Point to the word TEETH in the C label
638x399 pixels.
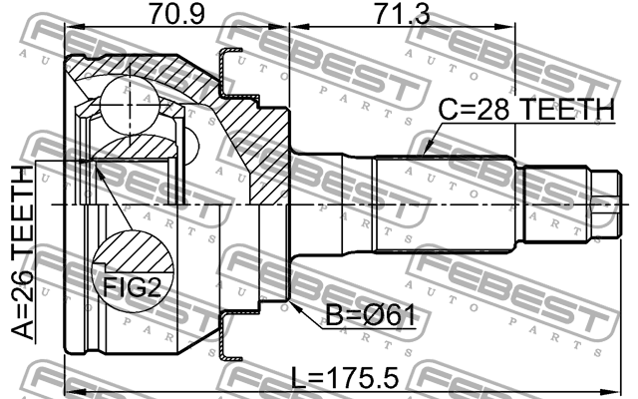click(x=565, y=110)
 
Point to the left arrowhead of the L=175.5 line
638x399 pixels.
click(x=69, y=390)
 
